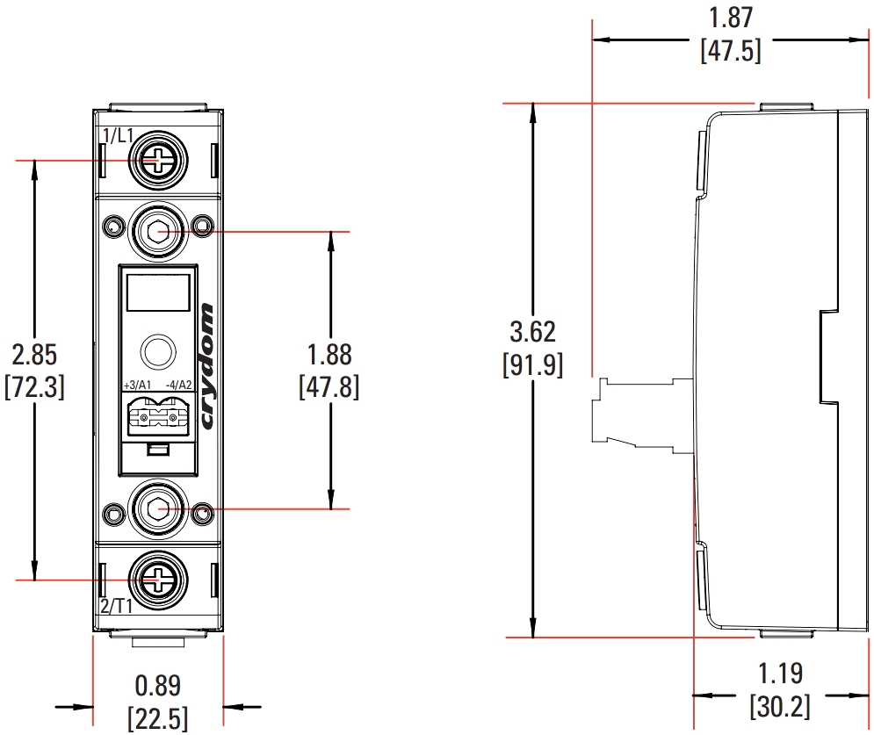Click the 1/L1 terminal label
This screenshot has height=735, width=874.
[x=118, y=136]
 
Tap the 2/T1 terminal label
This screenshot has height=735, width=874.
[x=117, y=605]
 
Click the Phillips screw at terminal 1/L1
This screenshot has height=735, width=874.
[x=158, y=160]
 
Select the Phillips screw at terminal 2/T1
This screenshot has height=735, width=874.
[x=158, y=580]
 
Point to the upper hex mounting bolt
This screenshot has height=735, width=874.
[x=158, y=231]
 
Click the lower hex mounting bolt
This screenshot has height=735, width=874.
[x=158, y=508]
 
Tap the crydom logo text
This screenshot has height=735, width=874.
[x=207, y=366]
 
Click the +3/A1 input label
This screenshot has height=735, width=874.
[x=137, y=386]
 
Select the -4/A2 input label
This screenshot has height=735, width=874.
[x=178, y=386]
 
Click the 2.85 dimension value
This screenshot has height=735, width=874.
[x=34, y=355]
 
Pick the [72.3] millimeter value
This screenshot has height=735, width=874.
[x=34, y=386]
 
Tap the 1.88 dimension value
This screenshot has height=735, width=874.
[x=329, y=355]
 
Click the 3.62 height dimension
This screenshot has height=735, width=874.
[x=533, y=333]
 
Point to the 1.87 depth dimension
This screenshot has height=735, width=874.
[x=731, y=18]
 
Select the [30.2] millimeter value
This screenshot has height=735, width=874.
[x=780, y=706]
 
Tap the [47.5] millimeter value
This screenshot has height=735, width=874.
[x=731, y=50]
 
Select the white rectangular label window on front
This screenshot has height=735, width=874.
[x=158, y=291]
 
